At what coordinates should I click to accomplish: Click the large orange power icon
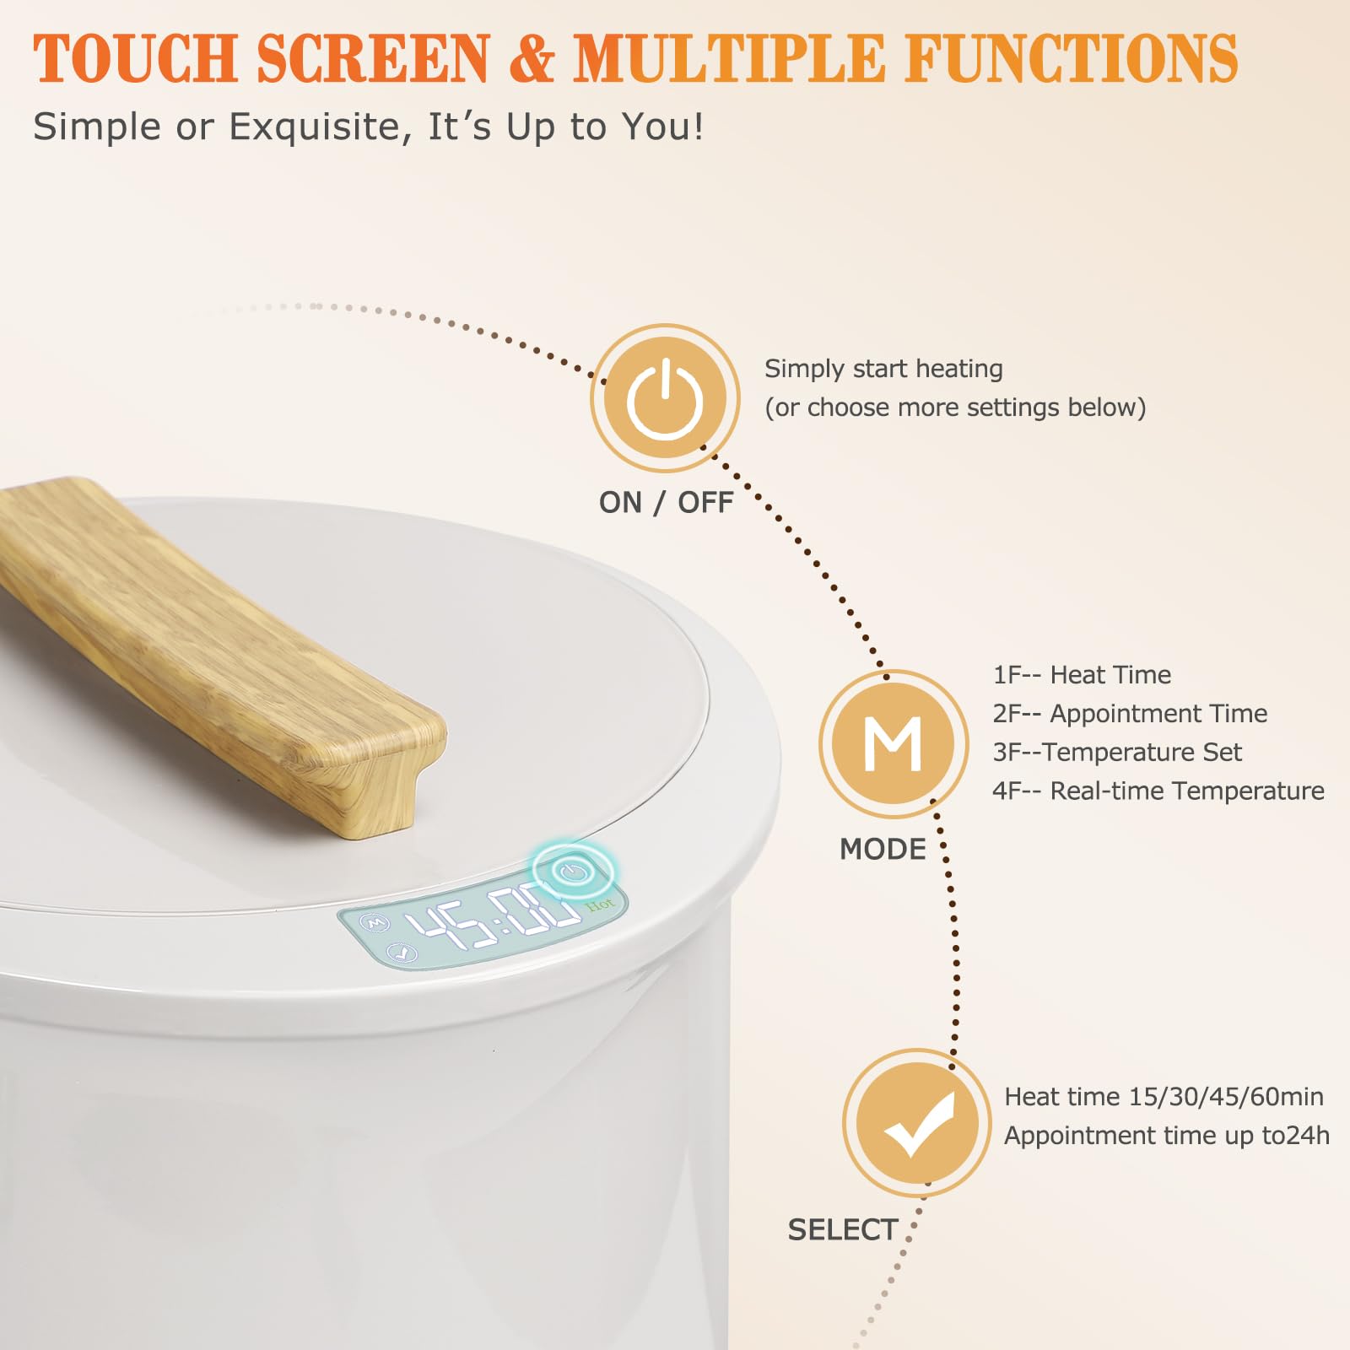tap(665, 398)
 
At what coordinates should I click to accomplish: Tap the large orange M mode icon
tap(894, 743)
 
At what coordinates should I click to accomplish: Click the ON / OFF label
tap(666, 502)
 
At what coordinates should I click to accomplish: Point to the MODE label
tap(883, 849)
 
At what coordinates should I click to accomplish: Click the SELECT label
tap(843, 1230)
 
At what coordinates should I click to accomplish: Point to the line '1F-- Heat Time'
tap(1082, 675)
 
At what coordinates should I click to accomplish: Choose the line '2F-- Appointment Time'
tap(1130, 714)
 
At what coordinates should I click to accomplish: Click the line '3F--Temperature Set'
tap(1117, 752)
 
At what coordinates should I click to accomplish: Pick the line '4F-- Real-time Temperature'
tap(1158, 791)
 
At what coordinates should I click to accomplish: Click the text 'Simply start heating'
tap(883, 369)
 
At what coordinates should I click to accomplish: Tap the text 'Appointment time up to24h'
tap(1167, 1136)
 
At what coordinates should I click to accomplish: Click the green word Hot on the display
tap(600, 904)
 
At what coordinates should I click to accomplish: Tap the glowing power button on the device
tap(574, 871)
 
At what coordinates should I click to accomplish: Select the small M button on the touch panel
tap(376, 924)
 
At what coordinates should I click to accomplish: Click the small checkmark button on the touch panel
tap(402, 953)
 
